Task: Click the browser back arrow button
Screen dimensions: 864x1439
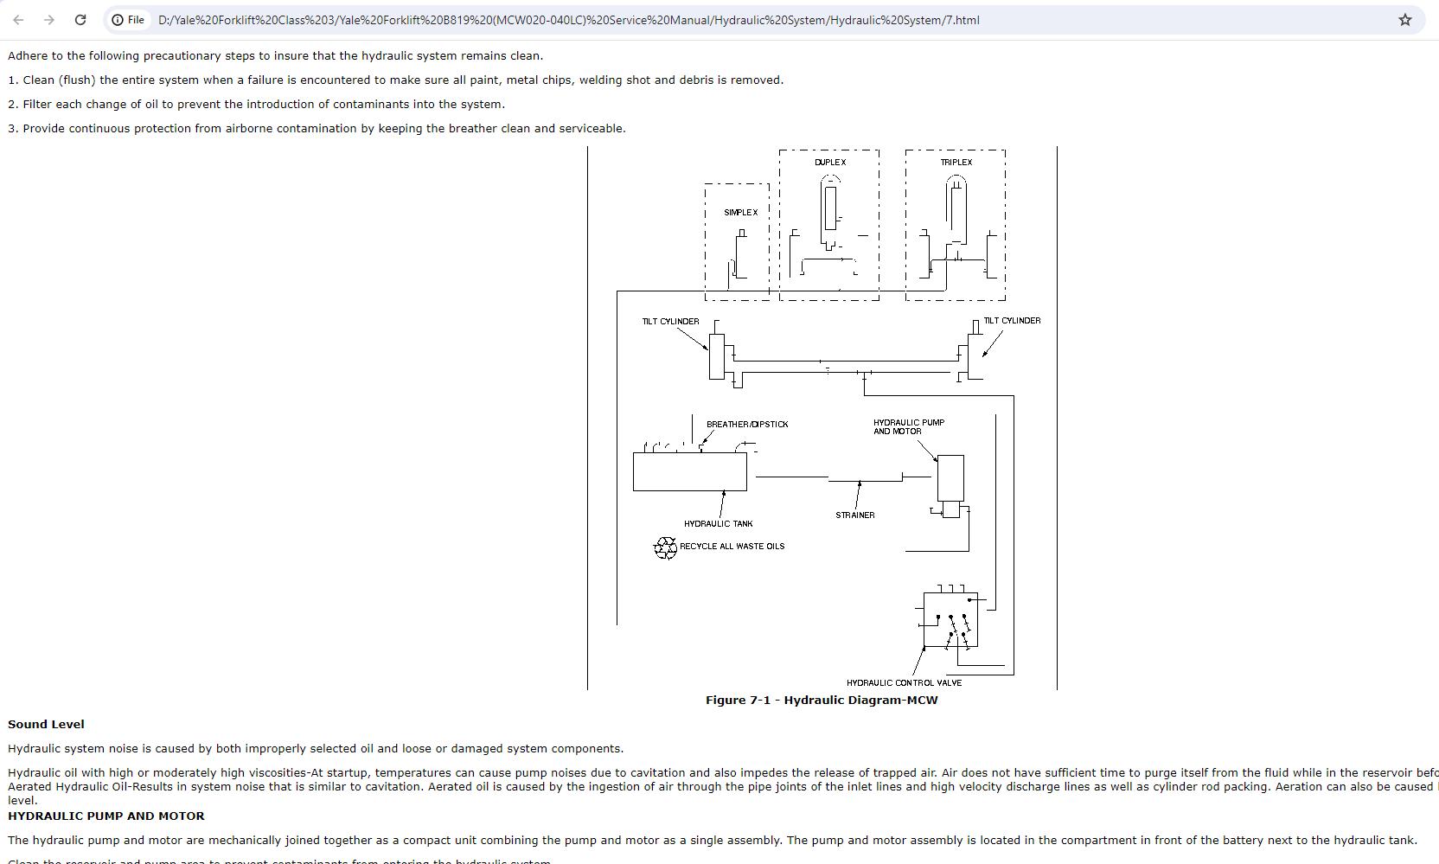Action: click(18, 20)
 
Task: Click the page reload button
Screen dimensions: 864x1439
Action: click(80, 20)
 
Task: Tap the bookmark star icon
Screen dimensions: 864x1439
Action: click(1405, 20)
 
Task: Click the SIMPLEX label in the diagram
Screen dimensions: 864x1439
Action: click(740, 213)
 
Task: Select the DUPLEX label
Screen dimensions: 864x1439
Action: click(830, 163)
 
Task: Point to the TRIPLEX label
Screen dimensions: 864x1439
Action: click(956, 163)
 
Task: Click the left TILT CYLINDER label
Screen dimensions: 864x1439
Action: click(670, 322)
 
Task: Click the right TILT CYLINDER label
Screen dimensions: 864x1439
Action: click(1012, 321)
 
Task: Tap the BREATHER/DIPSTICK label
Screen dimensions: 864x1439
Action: click(747, 425)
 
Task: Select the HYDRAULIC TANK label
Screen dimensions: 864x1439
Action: click(718, 524)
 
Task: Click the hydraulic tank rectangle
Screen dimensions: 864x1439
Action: click(689, 472)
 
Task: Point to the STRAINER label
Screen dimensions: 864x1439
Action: click(854, 515)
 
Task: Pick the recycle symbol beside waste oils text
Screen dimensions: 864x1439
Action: click(665, 547)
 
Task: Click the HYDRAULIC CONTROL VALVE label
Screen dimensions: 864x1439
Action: click(904, 683)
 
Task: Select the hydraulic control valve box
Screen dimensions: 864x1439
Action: click(950, 619)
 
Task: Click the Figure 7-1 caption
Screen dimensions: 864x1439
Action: click(821, 701)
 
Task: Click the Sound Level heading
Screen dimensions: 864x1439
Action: click(46, 725)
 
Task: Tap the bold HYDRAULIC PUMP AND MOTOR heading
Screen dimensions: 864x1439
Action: click(106, 816)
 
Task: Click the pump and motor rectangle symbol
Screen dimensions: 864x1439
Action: click(950, 477)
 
